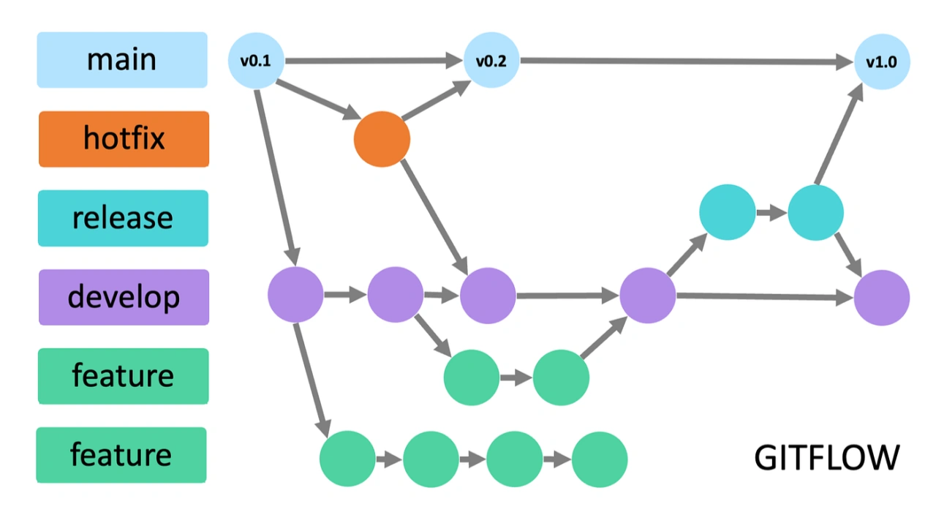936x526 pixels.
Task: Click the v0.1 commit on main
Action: point(256,61)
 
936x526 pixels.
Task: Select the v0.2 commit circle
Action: point(491,61)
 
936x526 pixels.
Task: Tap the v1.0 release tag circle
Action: point(882,61)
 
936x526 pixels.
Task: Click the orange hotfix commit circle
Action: point(382,139)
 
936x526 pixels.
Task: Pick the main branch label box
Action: point(122,60)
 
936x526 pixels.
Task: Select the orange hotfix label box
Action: point(124,139)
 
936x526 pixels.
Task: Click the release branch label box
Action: point(123,218)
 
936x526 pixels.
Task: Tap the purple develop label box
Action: point(124,297)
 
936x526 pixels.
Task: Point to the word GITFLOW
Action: point(826,458)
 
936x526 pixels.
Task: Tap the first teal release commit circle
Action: point(727,212)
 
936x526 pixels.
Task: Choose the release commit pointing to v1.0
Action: point(815,213)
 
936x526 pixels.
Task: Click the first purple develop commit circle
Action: point(295,295)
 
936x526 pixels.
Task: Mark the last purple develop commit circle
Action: point(882,298)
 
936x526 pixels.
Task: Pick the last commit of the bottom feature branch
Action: point(600,459)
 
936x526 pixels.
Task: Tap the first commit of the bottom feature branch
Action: point(347,459)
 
